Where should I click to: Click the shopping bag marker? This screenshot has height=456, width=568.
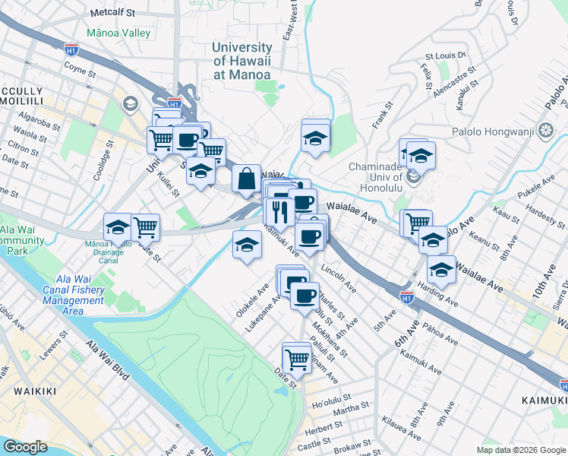coord(246,179)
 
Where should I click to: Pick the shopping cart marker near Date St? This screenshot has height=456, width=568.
coord(296,359)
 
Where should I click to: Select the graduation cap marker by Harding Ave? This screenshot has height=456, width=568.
coord(441,270)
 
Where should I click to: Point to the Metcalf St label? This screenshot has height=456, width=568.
coord(112,14)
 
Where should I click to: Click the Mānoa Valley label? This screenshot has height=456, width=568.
coord(118,33)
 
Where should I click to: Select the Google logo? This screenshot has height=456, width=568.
coord(25,447)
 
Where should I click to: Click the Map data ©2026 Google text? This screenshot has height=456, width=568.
coord(520,449)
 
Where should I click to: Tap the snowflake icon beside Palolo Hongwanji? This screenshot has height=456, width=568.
coord(545,129)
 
